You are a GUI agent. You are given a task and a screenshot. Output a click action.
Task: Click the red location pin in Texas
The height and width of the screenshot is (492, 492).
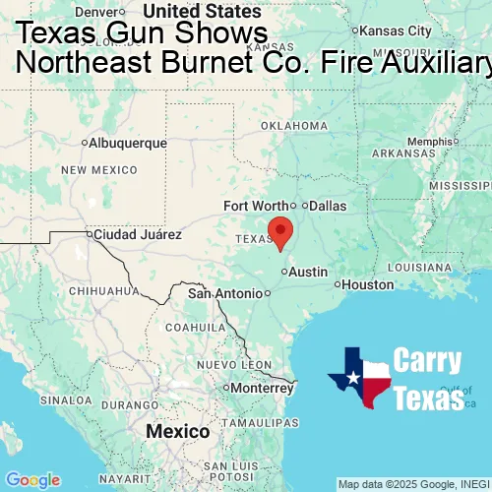(x=280, y=230)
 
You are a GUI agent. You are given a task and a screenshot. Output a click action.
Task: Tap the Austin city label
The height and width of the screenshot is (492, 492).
(x=307, y=272)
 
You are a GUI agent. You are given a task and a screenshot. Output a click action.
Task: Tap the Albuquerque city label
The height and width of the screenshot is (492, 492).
(x=128, y=143)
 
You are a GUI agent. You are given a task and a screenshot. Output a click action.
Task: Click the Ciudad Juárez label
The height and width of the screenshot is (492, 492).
(x=137, y=235)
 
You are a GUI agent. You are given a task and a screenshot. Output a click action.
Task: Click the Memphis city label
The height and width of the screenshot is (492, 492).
(x=434, y=141)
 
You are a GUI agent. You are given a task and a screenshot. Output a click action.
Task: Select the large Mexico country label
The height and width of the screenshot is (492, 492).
(x=177, y=432)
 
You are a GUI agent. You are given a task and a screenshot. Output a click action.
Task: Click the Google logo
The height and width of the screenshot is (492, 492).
(x=32, y=480)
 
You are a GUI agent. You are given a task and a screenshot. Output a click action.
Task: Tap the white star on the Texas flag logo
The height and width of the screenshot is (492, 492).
(x=353, y=377)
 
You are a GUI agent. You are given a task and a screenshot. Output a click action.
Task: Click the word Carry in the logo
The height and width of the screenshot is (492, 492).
(x=428, y=360)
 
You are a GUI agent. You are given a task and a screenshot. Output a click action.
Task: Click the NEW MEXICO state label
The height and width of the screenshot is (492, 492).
(x=99, y=170)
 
